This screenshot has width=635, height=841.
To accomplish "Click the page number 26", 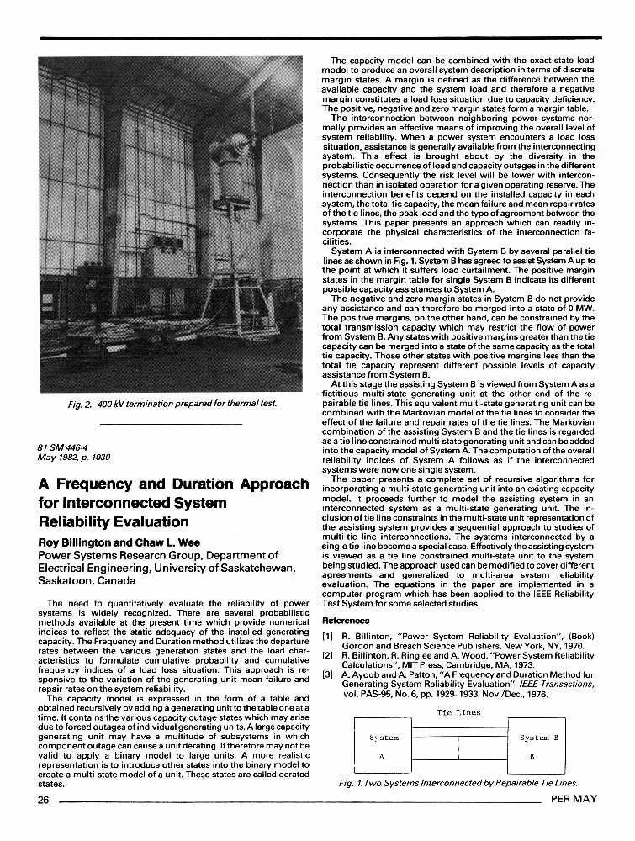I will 43,799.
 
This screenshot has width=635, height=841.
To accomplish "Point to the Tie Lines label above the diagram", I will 459,712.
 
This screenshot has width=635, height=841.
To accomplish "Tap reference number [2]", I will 330,653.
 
